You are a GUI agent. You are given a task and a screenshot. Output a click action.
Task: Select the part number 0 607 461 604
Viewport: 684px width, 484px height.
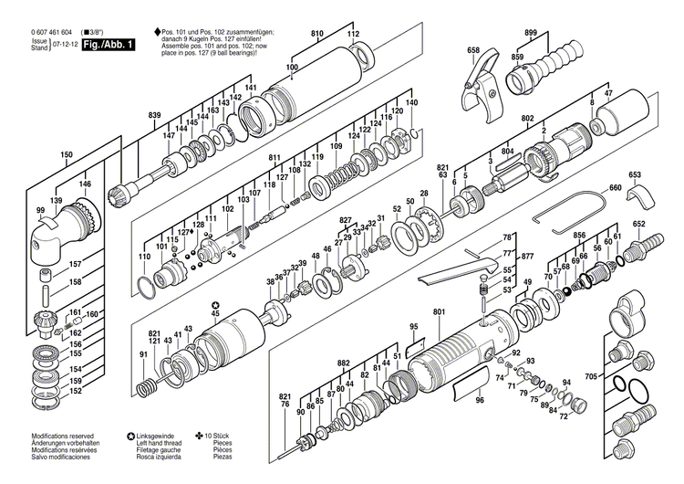click(x=53, y=33)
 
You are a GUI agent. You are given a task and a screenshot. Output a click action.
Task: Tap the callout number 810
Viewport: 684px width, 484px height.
click(x=317, y=34)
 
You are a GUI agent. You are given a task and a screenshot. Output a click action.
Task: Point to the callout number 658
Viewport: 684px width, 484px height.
click(x=472, y=50)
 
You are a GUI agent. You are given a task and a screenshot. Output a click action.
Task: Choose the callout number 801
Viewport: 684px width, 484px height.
click(x=439, y=313)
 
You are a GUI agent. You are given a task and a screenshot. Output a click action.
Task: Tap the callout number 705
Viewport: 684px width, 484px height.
click(x=591, y=375)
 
